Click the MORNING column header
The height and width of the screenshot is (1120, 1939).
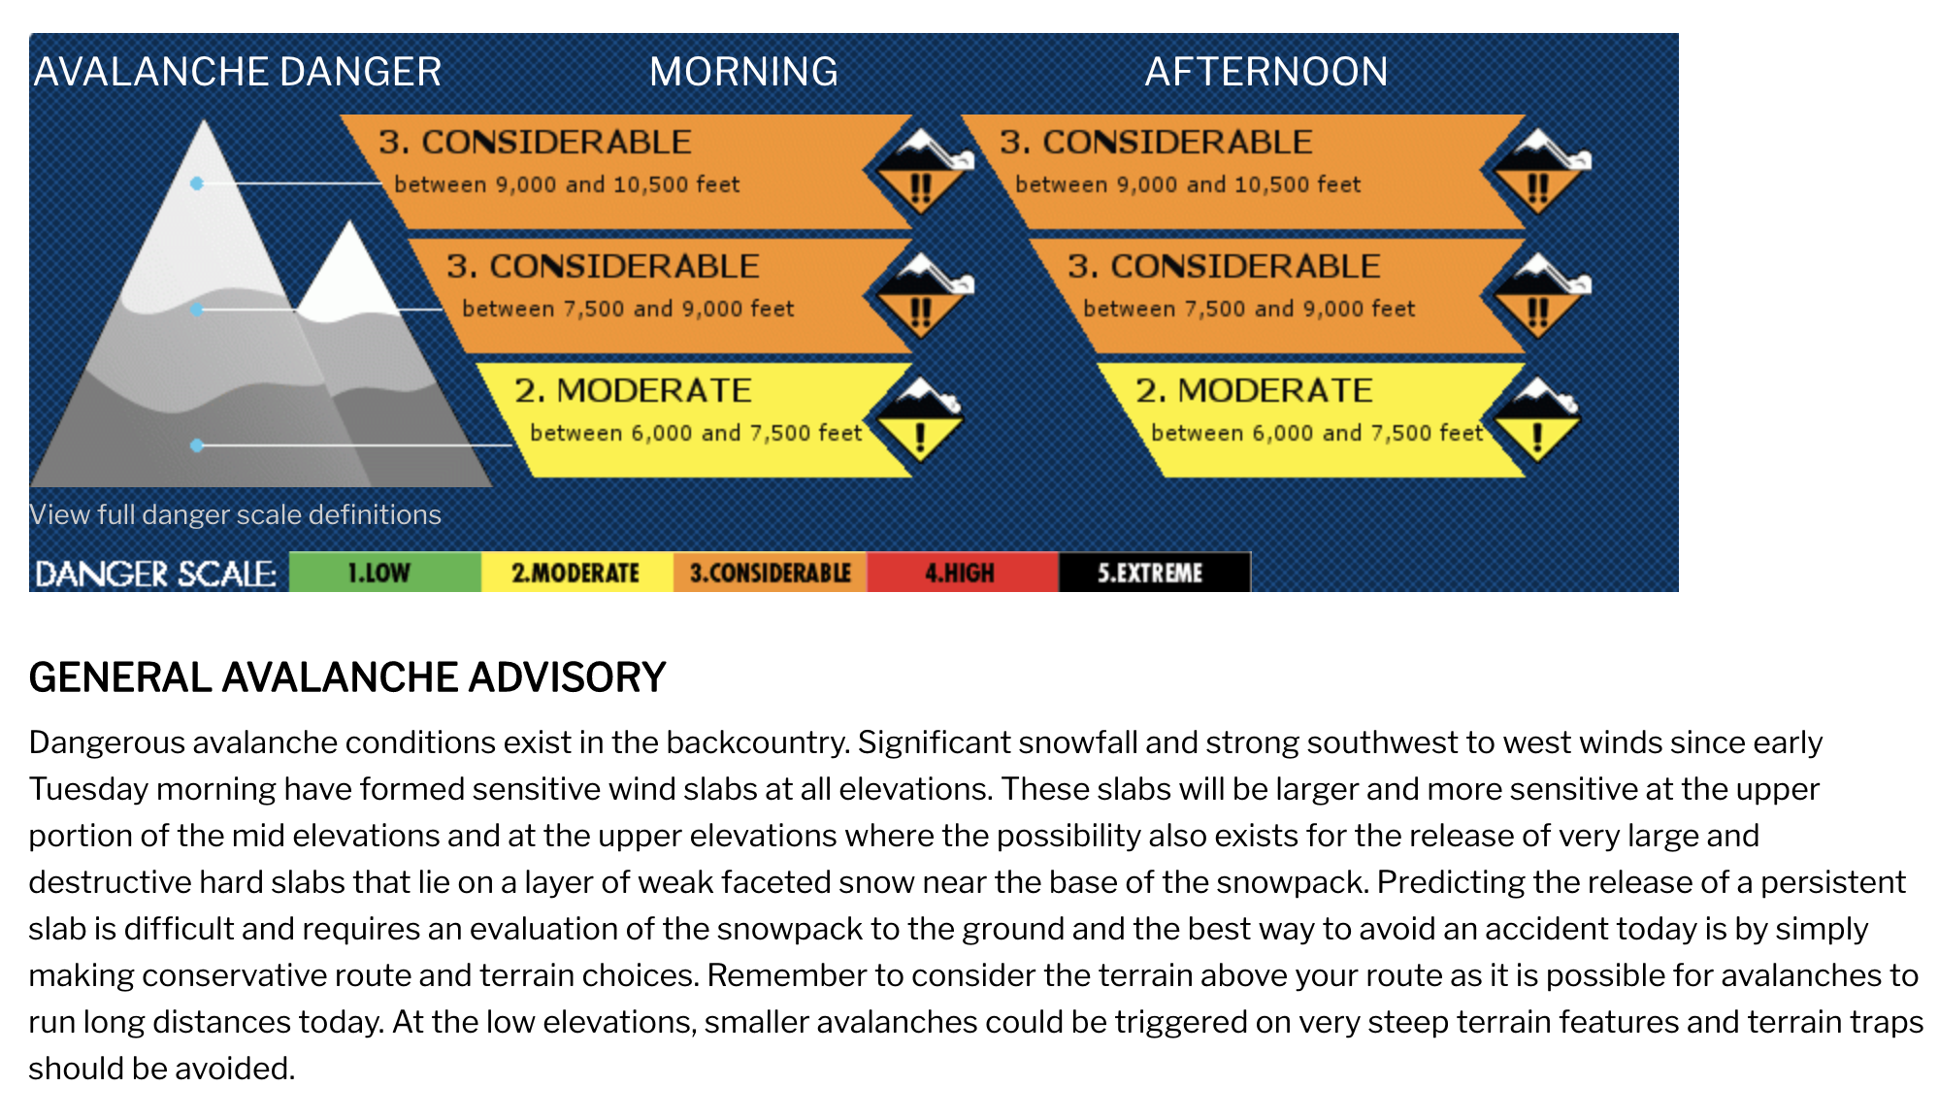pos(743,72)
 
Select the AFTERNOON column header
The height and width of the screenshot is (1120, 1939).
pos(1266,72)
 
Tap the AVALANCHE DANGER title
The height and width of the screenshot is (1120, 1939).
pos(238,72)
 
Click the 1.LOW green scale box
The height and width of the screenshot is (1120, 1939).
pos(385,573)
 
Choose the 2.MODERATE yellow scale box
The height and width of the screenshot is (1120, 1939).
pos(577,573)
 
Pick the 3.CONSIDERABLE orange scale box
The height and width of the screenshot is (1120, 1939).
pos(771,573)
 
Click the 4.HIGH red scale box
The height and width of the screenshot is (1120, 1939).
pos(963,573)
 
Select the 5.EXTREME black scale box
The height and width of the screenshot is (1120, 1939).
pos(1155,573)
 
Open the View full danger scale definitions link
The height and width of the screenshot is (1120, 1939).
pos(235,514)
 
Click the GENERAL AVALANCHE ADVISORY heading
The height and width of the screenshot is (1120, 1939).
pos(347,677)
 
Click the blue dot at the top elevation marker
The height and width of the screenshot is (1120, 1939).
pos(197,183)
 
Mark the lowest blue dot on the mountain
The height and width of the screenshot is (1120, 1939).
pos(197,445)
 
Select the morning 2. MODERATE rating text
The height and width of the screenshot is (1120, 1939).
pos(633,390)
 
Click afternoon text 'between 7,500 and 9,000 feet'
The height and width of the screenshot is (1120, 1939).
pos(1249,309)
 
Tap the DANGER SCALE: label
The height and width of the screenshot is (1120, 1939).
pos(155,574)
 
